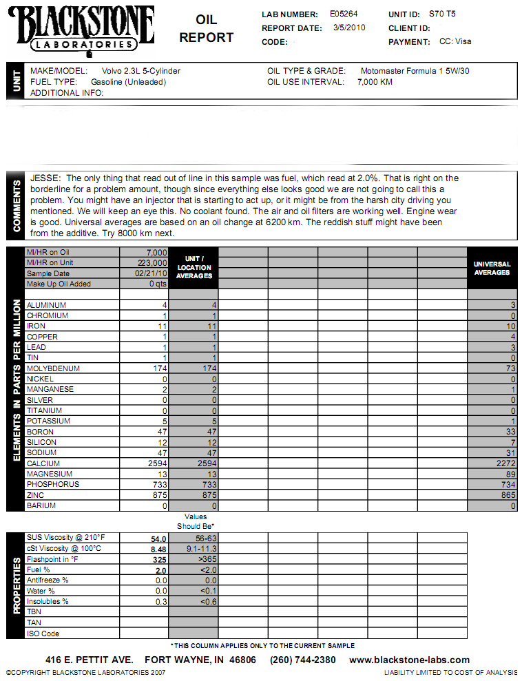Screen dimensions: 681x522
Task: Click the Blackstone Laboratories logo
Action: coord(81,28)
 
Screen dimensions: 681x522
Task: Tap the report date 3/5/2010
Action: coord(349,28)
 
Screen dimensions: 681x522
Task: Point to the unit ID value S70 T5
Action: coord(442,13)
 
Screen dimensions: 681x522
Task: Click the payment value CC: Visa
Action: coord(455,41)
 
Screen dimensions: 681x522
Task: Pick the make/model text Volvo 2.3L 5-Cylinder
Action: coord(141,71)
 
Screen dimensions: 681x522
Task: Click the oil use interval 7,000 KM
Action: coord(375,82)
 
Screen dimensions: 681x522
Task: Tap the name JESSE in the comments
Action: coord(44,178)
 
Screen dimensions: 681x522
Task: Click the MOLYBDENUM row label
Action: coord(53,368)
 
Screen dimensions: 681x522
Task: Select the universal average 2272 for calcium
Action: coord(503,463)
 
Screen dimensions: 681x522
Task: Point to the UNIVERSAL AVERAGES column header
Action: coord(492,268)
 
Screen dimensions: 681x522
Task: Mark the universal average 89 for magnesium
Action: coord(509,474)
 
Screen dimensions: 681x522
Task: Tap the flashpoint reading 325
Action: coord(159,559)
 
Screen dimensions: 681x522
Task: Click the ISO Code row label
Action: coord(42,633)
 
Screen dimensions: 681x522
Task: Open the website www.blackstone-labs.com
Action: coord(409,660)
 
